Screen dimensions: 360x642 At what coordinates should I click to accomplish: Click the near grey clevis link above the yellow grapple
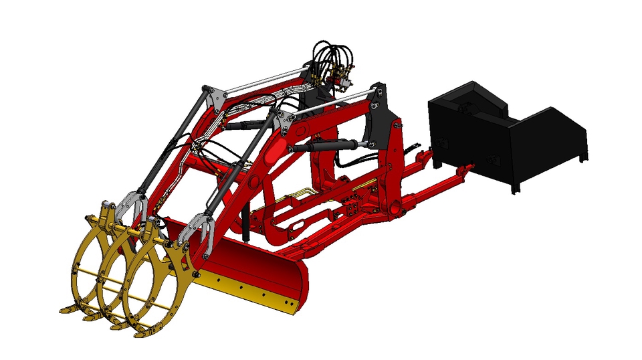(x=201, y=231)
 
